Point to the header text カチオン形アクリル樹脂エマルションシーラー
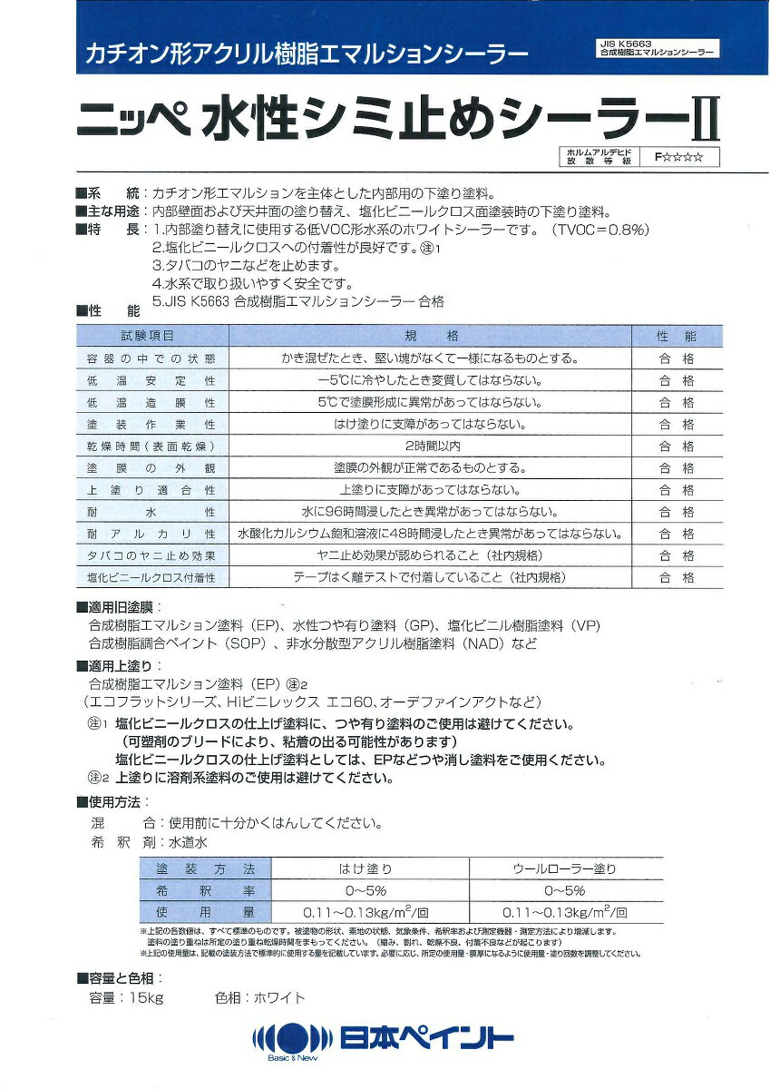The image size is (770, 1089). pos(306,54)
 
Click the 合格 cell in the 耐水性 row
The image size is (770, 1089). pos(677,512)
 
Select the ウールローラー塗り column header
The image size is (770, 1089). pos(565,868)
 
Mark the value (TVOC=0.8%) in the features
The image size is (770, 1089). pos(600,230)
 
